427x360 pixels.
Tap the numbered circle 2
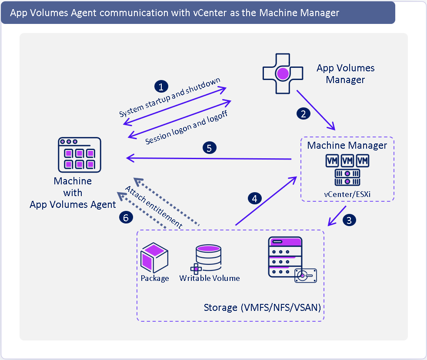tap(303, 113)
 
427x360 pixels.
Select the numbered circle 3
tap(349, 220)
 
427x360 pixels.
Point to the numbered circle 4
tap(255, 198)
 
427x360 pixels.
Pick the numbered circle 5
tap(209, 148)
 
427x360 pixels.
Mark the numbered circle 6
tap(126, 217)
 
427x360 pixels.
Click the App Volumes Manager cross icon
tap(282, 73)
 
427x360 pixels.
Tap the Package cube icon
tap(154, 258)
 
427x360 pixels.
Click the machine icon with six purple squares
tap(79, 155)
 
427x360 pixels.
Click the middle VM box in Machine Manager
tap(347, 161)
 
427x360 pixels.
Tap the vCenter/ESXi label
tap(347, 193)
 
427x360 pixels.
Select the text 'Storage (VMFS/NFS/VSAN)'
tap(262, 308)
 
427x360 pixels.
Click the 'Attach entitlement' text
tap(153, 207)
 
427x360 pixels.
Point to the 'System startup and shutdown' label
tap(170, 98)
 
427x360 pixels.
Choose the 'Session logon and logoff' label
tap(187, 127)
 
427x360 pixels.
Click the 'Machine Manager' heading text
tap(347, 145)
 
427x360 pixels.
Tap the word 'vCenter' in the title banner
tap(210, 13)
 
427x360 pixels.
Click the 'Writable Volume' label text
tap(210, 278)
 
